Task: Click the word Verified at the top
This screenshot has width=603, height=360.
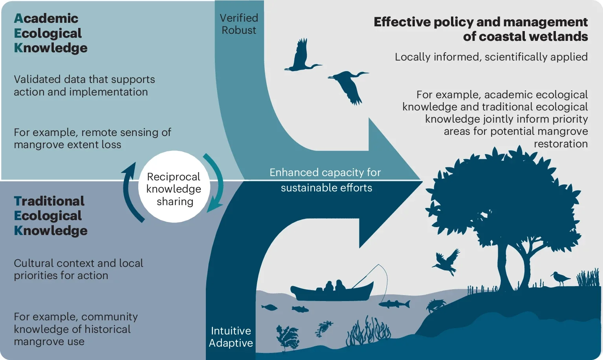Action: (238, 18)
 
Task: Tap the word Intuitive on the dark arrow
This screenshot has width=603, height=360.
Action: (231, 331)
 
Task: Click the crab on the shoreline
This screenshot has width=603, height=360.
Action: (436, 305)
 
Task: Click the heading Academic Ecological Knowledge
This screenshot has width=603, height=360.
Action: (50, 33)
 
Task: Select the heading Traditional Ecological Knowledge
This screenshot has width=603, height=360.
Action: (50, 216)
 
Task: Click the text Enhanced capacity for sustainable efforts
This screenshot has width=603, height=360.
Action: (325, 180)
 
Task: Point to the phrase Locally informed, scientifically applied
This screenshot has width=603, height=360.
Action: (491, 57)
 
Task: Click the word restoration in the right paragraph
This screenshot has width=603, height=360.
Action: (561, 144)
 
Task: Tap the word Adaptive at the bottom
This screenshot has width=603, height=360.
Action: (231, 343)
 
